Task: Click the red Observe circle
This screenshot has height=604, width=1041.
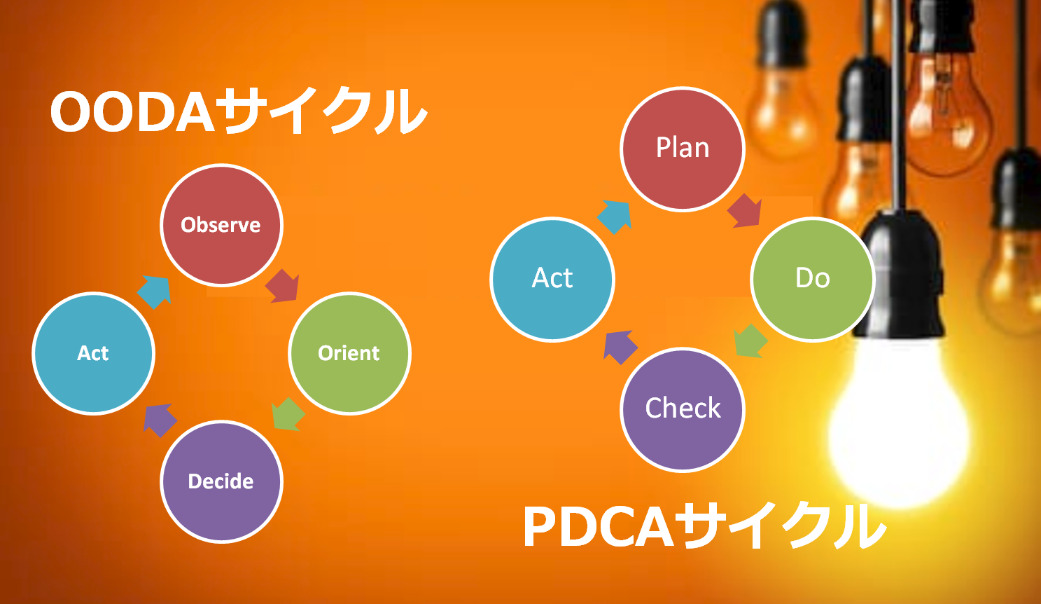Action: (x=221, y=225)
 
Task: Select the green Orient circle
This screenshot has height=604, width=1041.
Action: (x=349, y=353)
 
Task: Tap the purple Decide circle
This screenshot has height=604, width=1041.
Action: (x=221, y=481)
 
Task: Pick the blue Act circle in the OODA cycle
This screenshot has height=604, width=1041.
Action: (x=93, y=353)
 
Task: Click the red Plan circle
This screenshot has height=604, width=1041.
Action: (x=683, y=149)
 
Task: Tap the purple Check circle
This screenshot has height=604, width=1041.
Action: (x=683, y=410)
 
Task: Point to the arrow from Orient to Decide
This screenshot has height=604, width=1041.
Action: (x=288, y=414)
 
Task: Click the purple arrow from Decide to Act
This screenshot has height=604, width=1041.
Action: (x=160, y=420)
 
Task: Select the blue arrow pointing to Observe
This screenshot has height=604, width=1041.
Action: (x=154, y=292)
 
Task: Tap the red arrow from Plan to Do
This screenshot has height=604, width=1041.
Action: (x=745, y=211)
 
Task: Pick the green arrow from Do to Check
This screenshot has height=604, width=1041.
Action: (x=750, y=341)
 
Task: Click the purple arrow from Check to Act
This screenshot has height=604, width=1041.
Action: (x=621, y=348)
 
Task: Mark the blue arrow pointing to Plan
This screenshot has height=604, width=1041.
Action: (x=615, y=217)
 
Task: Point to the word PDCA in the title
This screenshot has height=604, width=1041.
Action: (x=599, y=528)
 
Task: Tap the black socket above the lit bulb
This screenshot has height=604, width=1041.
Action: (x=900, y=275)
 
